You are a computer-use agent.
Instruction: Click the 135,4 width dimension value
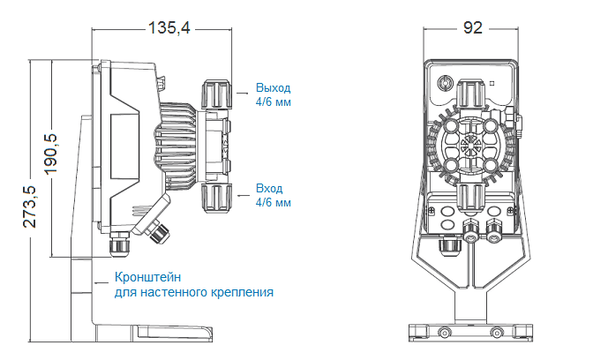169,28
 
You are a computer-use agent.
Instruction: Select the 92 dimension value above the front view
472,28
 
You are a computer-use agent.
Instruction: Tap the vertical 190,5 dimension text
50,151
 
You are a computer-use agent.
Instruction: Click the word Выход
273,88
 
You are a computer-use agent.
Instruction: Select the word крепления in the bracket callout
243,292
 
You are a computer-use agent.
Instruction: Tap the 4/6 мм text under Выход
273,102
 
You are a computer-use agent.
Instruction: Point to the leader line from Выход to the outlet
243,90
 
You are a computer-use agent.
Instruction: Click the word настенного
174,292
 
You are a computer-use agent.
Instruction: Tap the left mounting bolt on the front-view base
444,334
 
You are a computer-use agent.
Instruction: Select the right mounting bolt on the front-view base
498,334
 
